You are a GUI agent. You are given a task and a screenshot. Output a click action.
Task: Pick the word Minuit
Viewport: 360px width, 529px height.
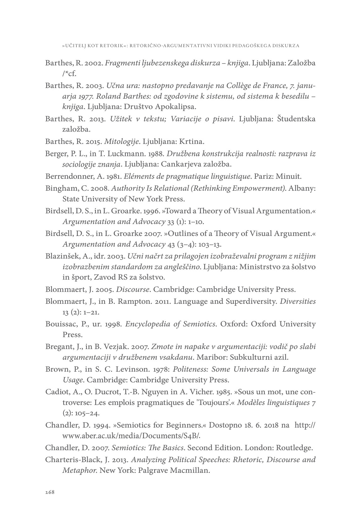(289, 176)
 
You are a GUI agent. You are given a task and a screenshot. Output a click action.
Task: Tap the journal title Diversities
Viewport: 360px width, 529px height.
(298, 302)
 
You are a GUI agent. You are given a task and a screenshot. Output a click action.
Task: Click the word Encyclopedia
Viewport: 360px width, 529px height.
(147, 324)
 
